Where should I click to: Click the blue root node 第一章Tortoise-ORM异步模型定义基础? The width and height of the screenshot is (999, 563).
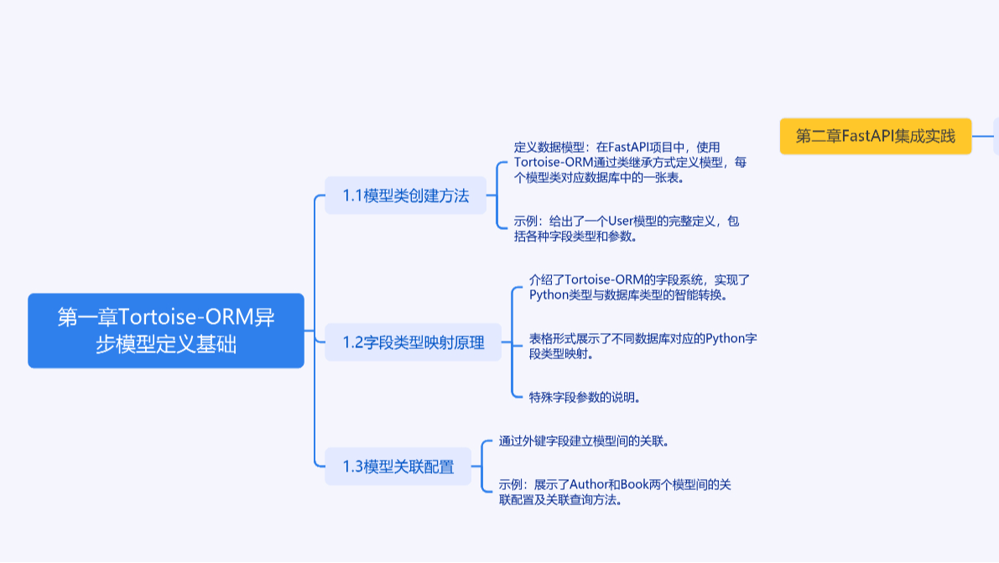pos(165,331)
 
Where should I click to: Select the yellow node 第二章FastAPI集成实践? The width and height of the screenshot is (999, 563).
pos(875,136)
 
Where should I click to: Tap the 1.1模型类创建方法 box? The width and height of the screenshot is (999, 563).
pos(405,196)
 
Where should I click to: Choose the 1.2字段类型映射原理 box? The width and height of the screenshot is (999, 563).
pos(413,342)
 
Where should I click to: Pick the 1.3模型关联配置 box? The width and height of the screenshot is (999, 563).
pos(398,467)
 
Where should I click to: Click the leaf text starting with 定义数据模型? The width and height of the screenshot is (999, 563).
pos(629,162)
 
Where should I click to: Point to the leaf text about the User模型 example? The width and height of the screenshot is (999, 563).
pos(627,228)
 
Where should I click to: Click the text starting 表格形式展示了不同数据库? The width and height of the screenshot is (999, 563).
pos(643,347)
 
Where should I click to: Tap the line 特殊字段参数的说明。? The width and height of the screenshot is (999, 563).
pos(585,397)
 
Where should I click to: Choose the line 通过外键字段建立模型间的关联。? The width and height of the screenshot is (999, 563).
pos(584,440)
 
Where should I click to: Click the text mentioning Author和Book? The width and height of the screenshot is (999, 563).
pos(613,493)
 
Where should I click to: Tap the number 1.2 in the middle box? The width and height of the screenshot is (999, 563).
pos(352,342)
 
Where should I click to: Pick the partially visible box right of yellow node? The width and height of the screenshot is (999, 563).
pos(996,136)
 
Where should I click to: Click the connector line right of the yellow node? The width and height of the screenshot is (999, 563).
pos(982,136)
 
